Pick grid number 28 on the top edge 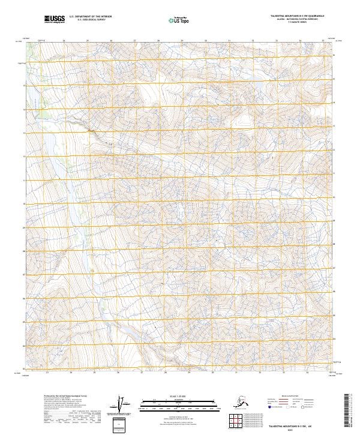(158, 41)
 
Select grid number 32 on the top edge (252, 41)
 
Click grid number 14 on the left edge (25, 109)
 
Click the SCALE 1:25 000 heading (178, 396)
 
